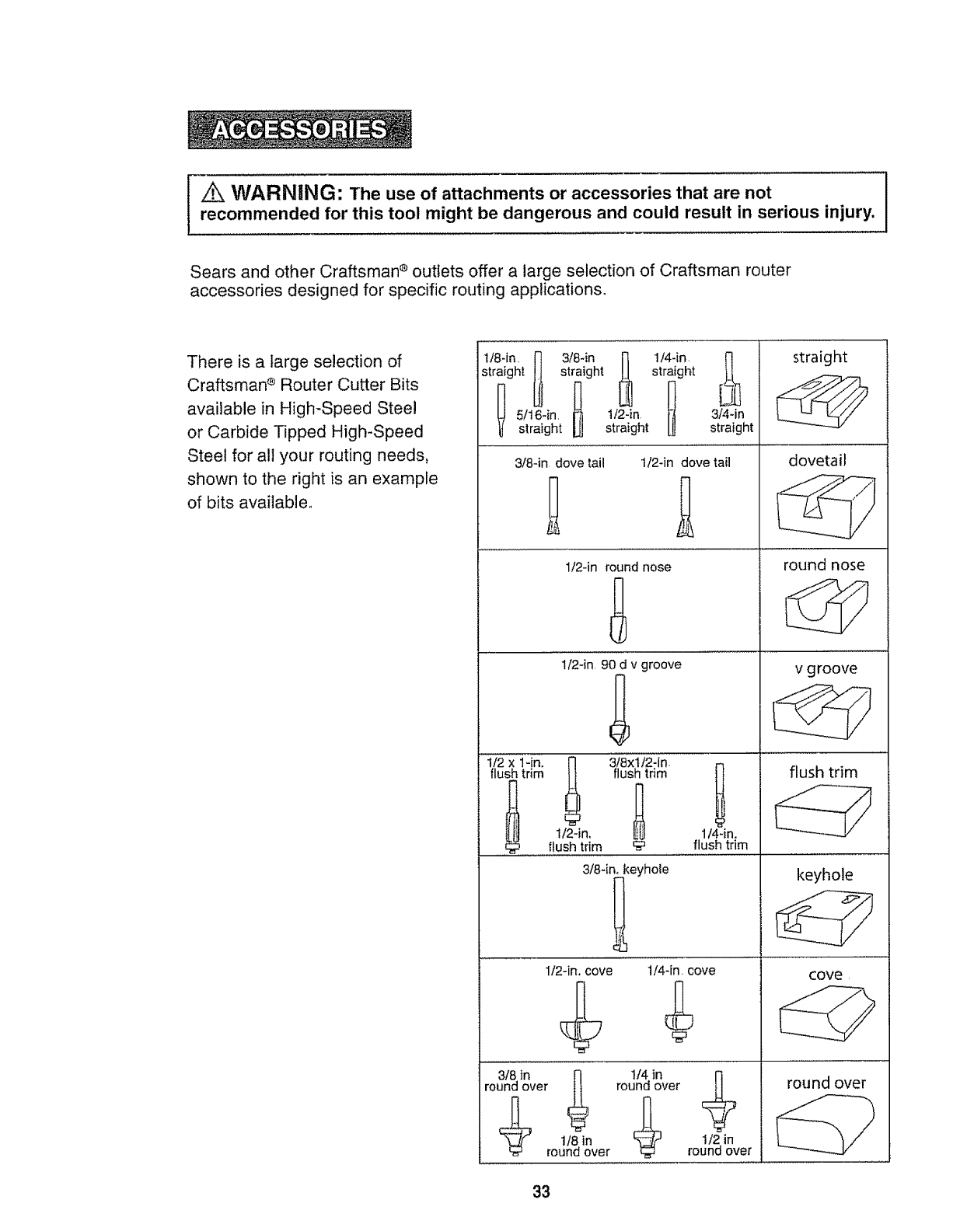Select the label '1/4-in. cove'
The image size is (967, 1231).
[681, 971]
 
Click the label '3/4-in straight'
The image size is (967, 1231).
[731, 420]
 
